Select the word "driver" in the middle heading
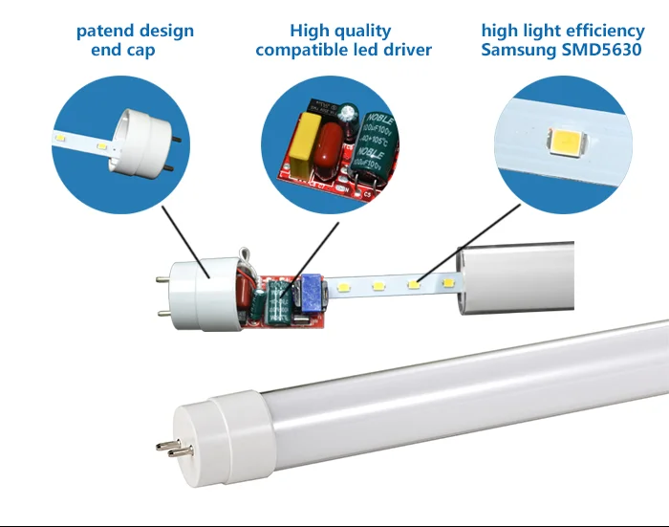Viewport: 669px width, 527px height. click(x=406, y=50)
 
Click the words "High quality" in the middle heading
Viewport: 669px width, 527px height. click(x=340, y=32)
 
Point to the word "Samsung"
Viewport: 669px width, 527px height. click(x=521, y=50)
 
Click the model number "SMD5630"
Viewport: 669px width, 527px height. click(x=604, y=50)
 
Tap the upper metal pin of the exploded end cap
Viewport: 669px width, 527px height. click(x=162, y=279)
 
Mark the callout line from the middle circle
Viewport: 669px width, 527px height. click(x=315, y=254)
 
